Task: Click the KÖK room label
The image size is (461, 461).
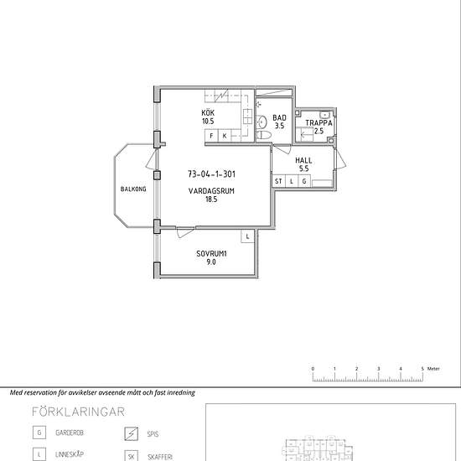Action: point(208,112)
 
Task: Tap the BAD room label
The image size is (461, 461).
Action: point(279,117)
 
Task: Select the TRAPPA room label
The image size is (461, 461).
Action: point(319,123)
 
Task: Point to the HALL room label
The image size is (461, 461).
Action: point(303,161)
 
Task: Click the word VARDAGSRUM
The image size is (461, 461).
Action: point(211,191)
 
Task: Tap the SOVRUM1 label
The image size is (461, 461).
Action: point(211,254)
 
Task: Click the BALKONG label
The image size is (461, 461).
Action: point(133,189)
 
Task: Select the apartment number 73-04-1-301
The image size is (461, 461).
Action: point(212,174)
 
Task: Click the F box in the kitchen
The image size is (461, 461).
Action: point(211,136)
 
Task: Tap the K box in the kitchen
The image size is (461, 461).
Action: point(225,136)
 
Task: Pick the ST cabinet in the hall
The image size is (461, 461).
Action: point(278,181)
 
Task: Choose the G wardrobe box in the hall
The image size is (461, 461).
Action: point(304,181)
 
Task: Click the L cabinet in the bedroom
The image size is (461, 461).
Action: point(247,236)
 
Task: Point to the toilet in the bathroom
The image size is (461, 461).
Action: point(264,135)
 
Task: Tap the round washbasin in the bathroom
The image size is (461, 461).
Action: point(262,122)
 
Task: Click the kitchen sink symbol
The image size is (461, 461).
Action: point(247,117)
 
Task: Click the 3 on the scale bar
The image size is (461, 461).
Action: point(378,369)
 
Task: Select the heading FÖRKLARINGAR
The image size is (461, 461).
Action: point(78,412)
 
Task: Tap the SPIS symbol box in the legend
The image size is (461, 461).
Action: point(131,434)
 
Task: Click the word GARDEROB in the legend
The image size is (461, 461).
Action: point(70,433)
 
